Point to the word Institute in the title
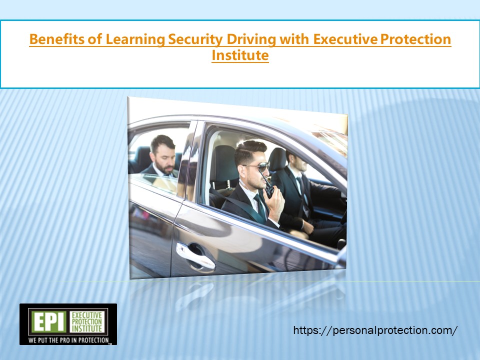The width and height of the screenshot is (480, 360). pyautogui.click(x=240, y=55)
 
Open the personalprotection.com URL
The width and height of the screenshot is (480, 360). pyautogui.click(x=375, y=330)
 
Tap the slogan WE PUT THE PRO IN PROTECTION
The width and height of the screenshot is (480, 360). pyautogui.click(x=68, y=340)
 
